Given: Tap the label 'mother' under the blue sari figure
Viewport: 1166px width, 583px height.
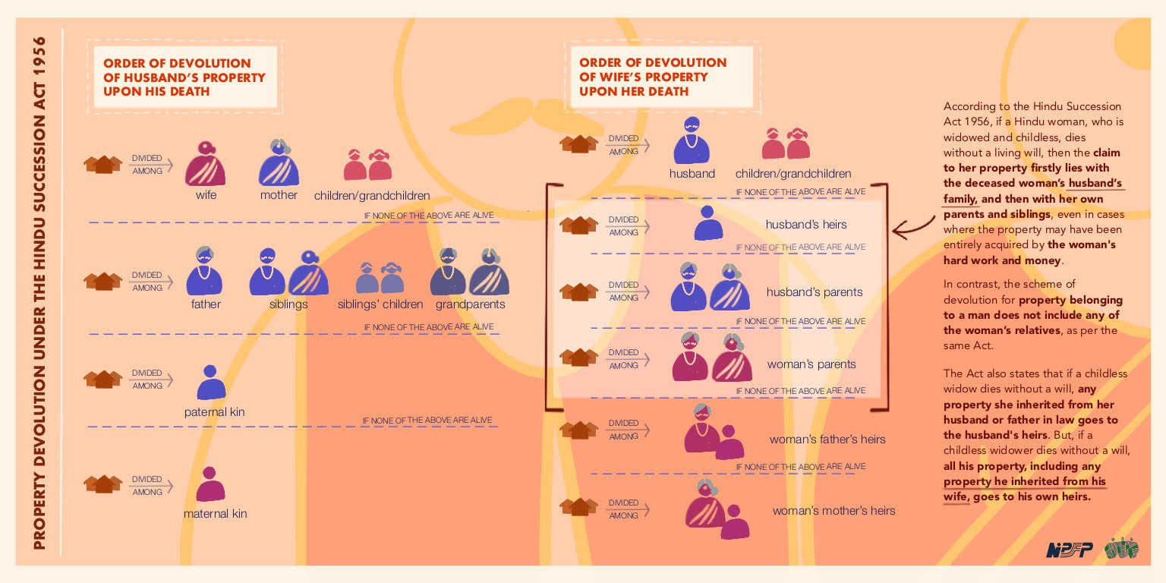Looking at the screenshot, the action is [279, 195].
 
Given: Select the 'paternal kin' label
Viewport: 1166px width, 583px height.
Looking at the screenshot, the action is [215, 411].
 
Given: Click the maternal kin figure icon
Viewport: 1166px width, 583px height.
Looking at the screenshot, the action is [210, 484].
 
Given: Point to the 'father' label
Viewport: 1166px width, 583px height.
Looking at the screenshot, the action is [206, 304].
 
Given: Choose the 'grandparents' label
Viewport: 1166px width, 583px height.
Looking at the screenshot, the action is [470, 304].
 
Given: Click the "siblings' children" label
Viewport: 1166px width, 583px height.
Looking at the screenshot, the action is [380, 304].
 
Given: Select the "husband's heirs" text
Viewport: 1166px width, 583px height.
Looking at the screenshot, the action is [805, 225].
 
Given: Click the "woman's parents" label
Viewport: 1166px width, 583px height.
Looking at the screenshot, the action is [811, 364].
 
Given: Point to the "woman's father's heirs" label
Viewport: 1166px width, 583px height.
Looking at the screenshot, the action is [827, 440].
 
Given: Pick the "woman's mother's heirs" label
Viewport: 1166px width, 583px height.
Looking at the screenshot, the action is [834, 511].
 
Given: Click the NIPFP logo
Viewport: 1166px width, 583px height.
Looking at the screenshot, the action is [1069, 550].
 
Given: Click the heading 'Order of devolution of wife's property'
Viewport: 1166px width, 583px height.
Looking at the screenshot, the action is [653, 77].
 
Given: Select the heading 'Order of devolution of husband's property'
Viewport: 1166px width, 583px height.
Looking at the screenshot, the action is [184, 77].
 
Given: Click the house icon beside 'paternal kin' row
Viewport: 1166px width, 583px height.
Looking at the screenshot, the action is [102, 379].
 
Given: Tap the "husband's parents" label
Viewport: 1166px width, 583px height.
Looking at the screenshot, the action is [814, 292].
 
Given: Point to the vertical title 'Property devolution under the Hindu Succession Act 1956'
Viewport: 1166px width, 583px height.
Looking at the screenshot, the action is [39, 293].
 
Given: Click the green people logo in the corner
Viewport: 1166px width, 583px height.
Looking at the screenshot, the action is [1122, 548].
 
